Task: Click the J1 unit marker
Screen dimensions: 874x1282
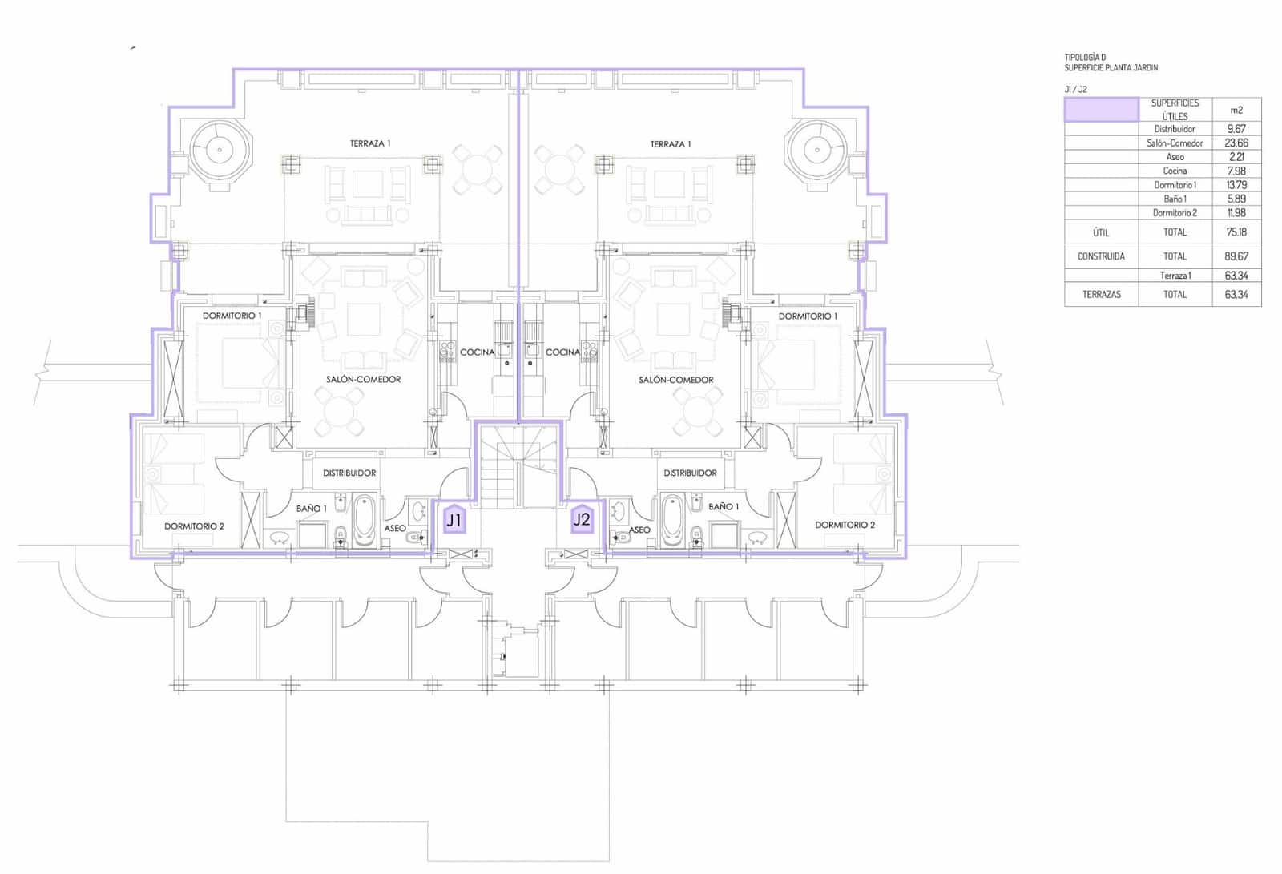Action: tap(454, 520)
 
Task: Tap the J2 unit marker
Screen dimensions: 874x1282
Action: tap(582, 520)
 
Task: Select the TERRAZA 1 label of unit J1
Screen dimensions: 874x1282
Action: tap(369, 143)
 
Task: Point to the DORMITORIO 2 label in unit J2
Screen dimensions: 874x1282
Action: tap(845, 525)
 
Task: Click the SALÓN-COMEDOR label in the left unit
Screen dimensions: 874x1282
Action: tap(363, 379)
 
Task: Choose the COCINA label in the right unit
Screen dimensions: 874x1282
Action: tap(562, 352)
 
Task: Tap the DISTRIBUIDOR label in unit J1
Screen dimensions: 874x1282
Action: tap(349, 473)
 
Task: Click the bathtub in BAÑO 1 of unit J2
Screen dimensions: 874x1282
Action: tap(672, 521)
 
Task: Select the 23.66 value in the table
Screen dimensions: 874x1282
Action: tap(1236, 143)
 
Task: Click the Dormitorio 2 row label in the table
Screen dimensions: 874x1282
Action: tap(1175, 213)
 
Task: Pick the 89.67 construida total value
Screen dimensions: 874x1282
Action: tap(1236, 256)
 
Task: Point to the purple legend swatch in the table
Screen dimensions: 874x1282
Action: tap(1101, 110)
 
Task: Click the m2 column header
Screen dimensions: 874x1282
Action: tap(1236, 110)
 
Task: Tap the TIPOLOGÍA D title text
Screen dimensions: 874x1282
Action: tap(1085, 58)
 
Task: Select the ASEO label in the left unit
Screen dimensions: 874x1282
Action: tap(394, 528)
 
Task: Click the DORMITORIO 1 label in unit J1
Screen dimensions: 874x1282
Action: tap(232, 316)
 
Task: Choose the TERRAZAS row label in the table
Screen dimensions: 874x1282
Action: tap(1101, 294)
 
